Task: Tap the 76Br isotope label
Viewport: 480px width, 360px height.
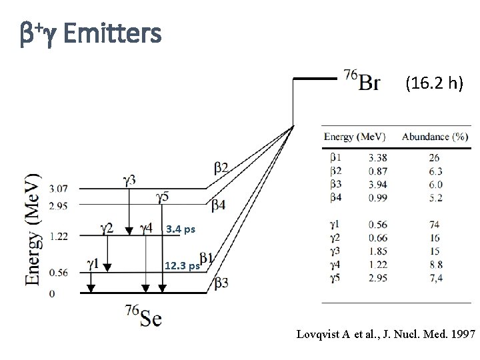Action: [362, 79]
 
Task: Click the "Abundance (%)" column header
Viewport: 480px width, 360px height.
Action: [434, 137]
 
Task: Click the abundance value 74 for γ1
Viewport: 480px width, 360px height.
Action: [435, 225]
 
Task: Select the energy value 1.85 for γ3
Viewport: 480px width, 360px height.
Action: [377, 251]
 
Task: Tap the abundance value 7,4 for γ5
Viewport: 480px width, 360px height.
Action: [435, 277]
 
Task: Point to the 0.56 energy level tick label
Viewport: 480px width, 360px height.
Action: [59, 272]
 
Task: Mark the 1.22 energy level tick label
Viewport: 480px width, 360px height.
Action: [59, 235]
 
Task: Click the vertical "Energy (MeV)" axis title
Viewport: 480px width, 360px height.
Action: [32, 230]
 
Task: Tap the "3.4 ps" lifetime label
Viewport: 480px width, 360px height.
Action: [181, 230]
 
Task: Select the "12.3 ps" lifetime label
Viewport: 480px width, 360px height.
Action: [181, 265]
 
